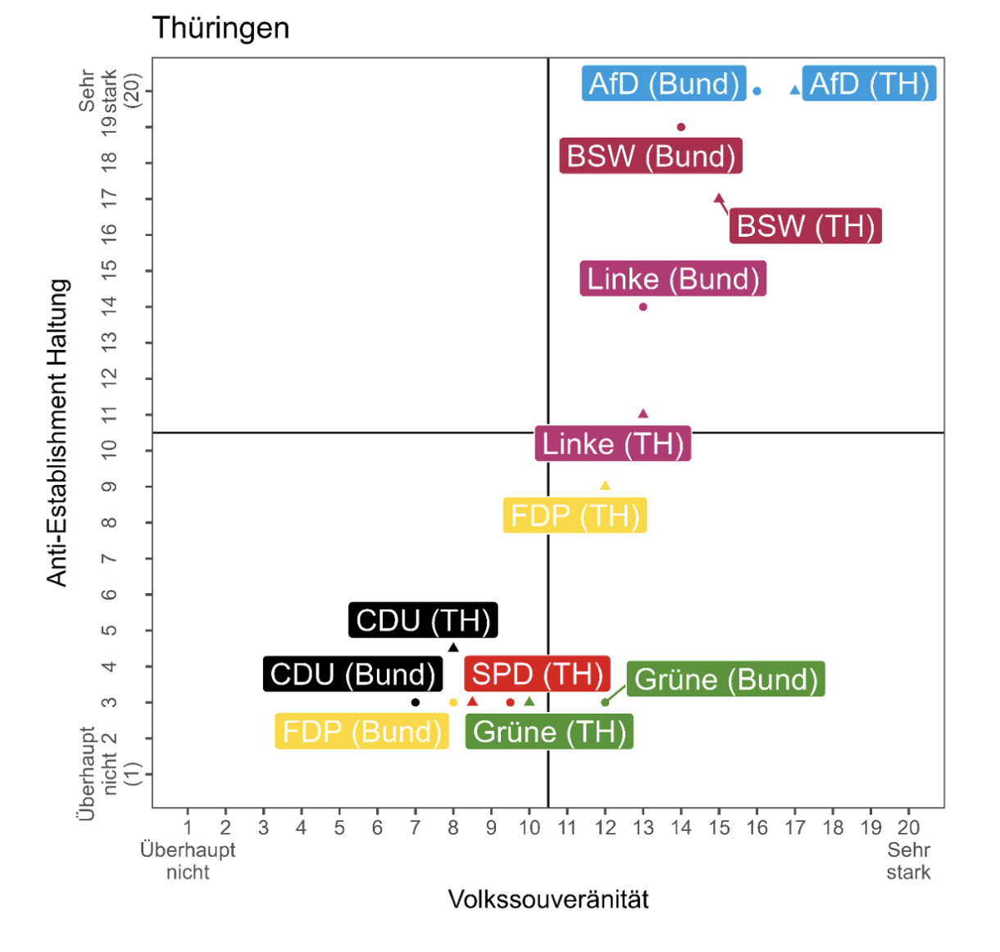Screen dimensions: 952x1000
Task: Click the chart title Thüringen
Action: tap(220, 29)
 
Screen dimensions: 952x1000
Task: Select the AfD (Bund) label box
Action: tap(664, 84)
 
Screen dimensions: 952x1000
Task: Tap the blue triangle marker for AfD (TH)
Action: tap(794, 90)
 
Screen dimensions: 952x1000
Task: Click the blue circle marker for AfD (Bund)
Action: tap(757, 91)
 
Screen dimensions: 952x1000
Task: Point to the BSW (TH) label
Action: tap(805, 226)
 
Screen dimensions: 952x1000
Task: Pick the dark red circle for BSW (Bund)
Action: tap(681, 127)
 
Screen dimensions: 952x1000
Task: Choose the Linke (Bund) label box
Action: tap(673, 279)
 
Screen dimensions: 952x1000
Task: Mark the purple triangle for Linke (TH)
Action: tap(643, 414)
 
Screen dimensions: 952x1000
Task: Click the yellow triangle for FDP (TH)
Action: tap(605, 486)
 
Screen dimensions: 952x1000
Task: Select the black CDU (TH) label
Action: tap(423, 620)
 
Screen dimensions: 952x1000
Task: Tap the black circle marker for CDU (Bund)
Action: tap(416, 702)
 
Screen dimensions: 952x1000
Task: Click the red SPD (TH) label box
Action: tap(537, 674)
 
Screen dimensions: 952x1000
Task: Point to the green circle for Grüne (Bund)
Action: tap(605, 702)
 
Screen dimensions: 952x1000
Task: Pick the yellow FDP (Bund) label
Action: tap(361, 732)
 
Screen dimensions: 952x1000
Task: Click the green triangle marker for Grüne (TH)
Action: tap(530, 701)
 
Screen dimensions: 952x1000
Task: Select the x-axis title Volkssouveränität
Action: tap(548, 900)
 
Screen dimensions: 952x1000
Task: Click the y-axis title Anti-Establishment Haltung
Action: tap(57, 433)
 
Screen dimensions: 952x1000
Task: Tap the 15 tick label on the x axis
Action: tap(719, 827)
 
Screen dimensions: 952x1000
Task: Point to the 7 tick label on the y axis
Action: tap(109, 559)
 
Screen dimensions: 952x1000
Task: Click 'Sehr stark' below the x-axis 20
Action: tap(908, 860)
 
